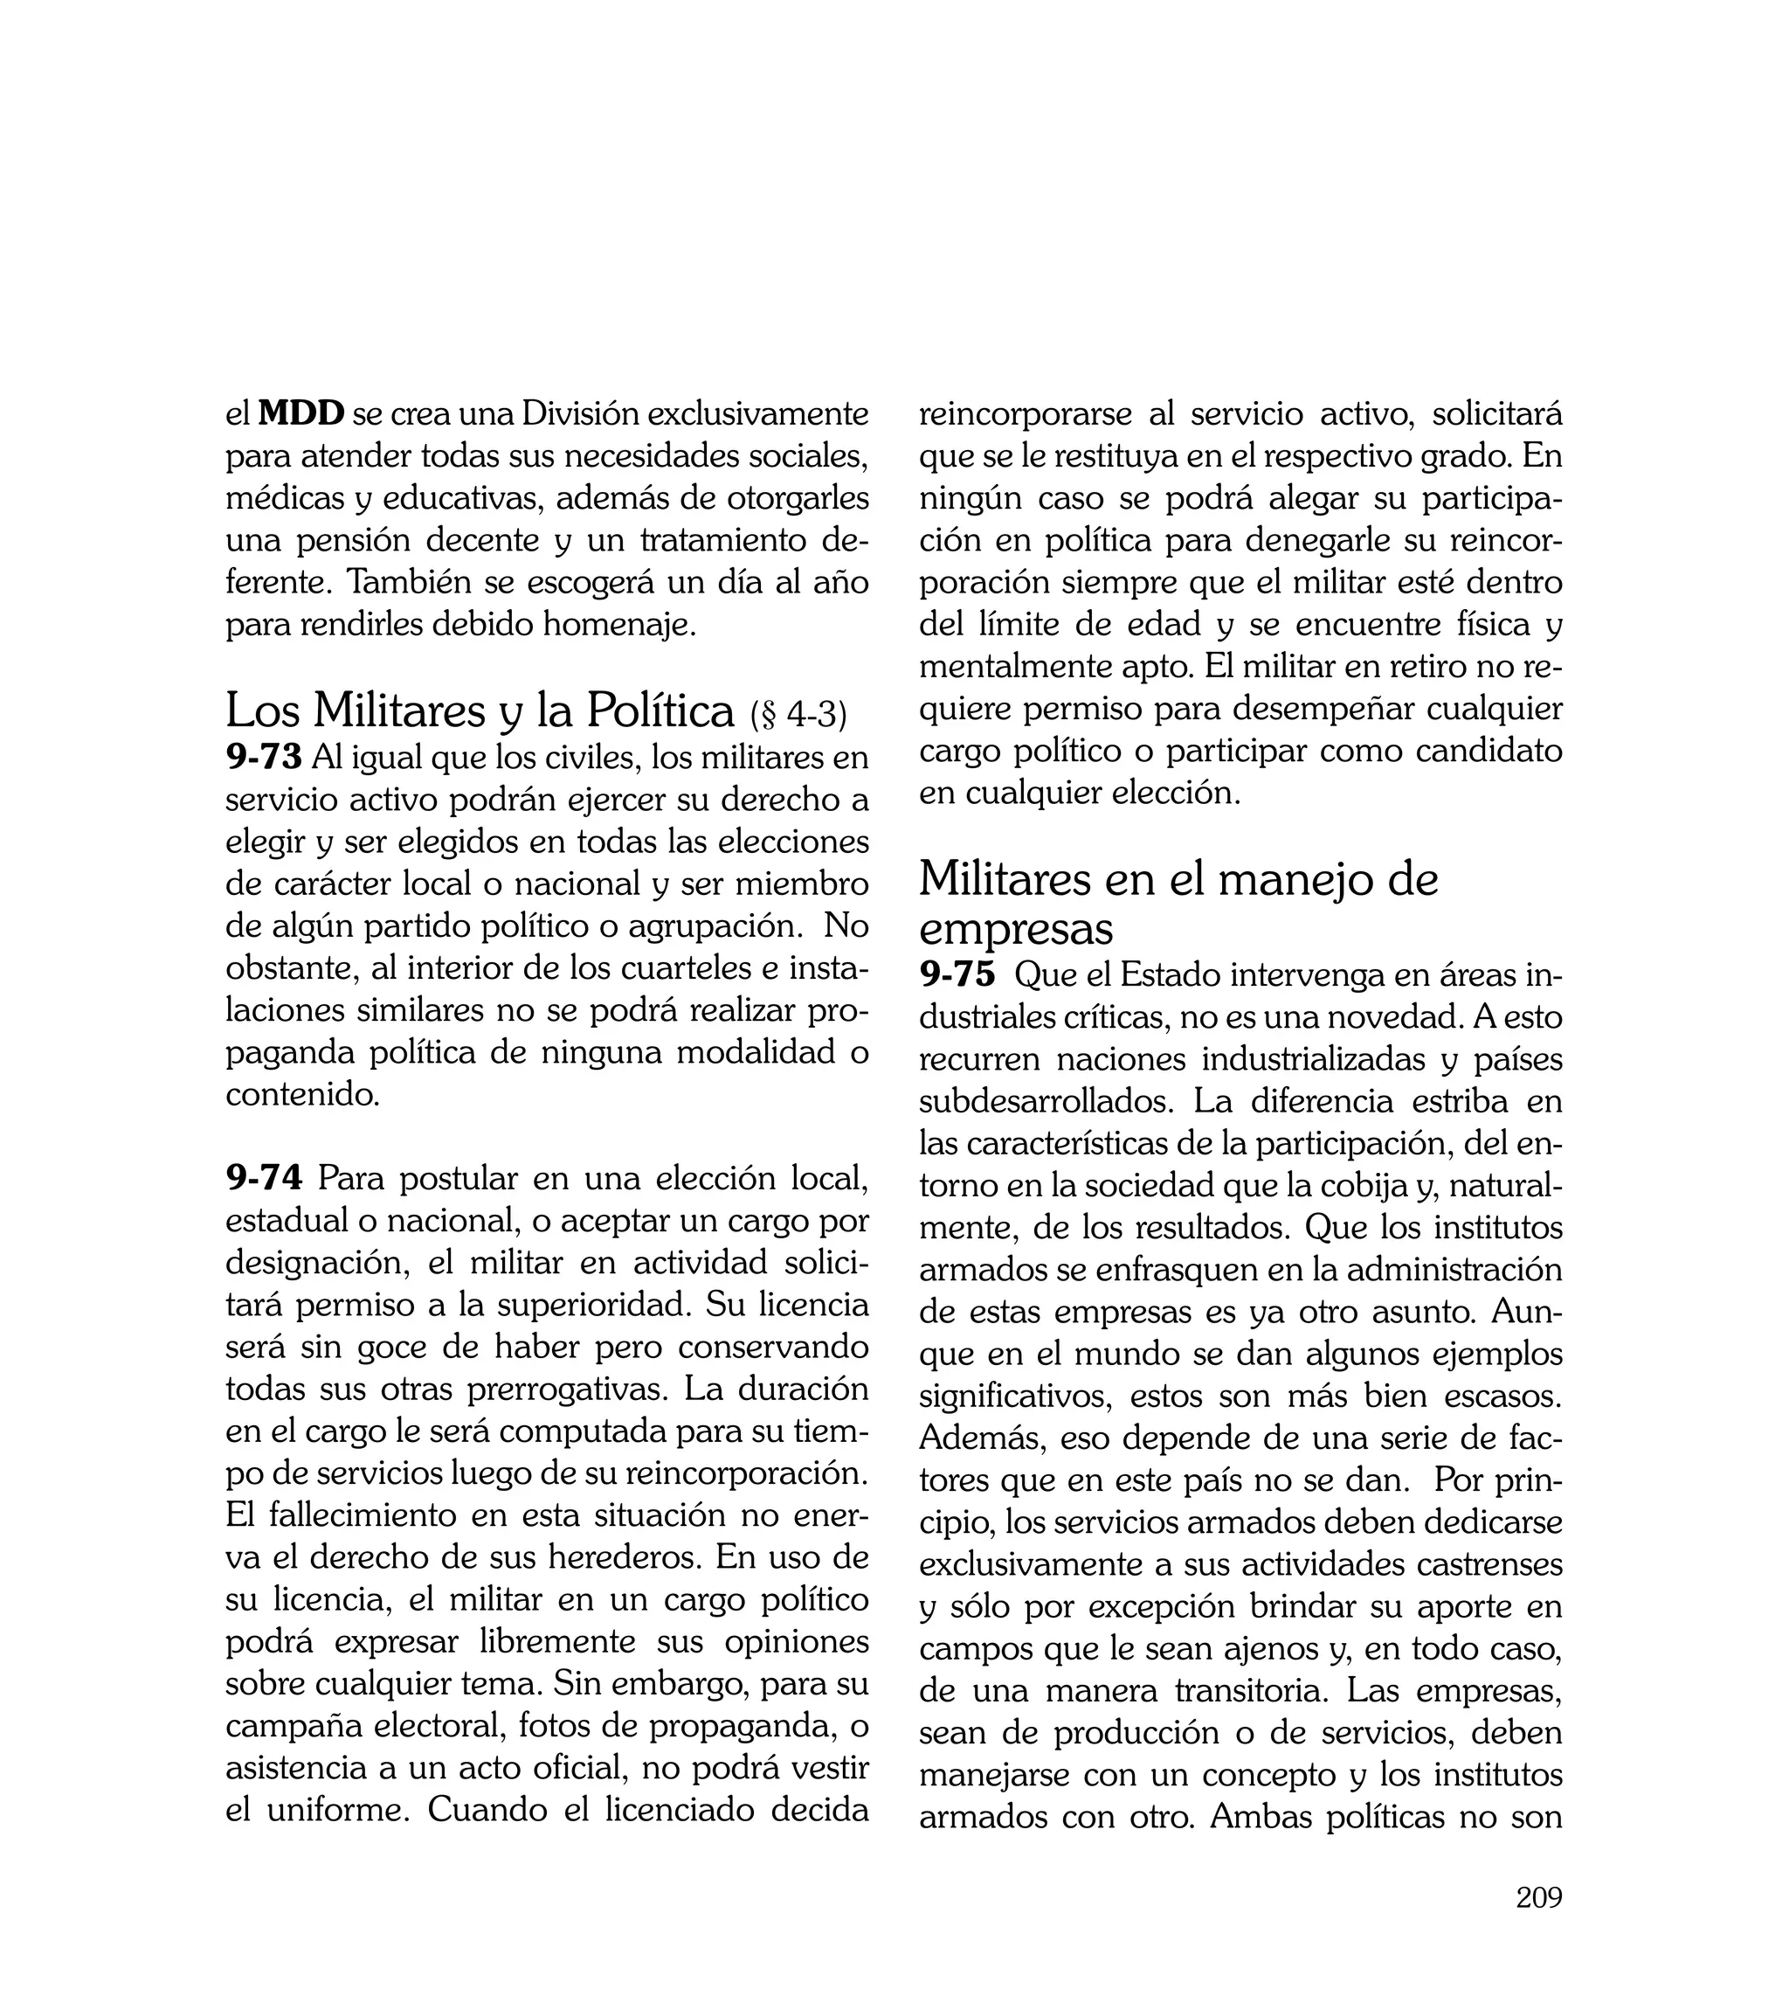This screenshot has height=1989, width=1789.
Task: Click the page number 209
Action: [x=1538, y=1896]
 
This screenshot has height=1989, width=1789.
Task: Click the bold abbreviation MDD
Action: [x=300, y=414]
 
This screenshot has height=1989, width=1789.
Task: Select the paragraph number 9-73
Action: [x=264, y=757]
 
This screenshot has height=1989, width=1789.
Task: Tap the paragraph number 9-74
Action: [x=264, y=1177]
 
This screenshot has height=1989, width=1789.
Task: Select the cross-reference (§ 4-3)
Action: [x=798, y=715]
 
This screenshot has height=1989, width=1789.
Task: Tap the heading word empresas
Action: [x=1015, y=927]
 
